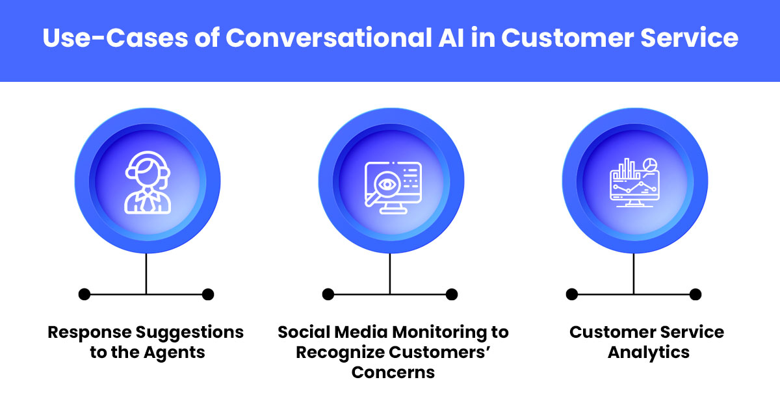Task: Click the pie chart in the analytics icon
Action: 649,165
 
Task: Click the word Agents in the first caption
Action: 175,353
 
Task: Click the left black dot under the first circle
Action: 84,294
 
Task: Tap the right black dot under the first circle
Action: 208,294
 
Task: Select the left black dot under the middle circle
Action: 328,294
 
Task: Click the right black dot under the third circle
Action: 695,294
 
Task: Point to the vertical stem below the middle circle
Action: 390,273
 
